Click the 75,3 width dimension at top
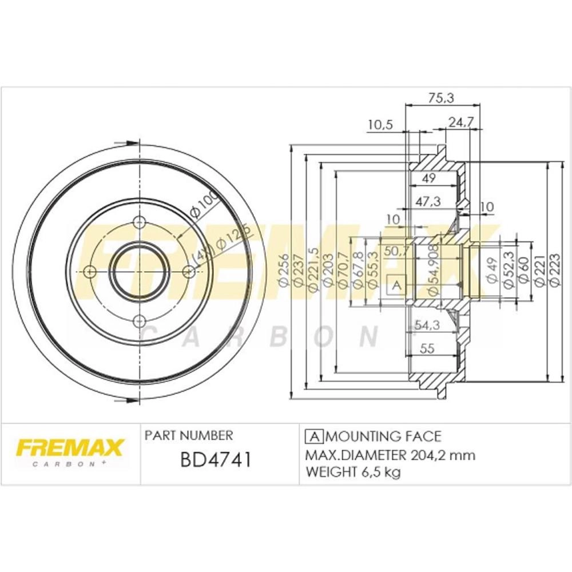(x=441, y=98)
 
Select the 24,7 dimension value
(x=460, y=122)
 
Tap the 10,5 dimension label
(x=380, y=125)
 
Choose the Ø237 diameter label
(x=299, y=271)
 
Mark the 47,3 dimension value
(x=428, y=201)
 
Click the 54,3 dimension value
(x=427, y=325)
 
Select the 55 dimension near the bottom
(x=427, y=348)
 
